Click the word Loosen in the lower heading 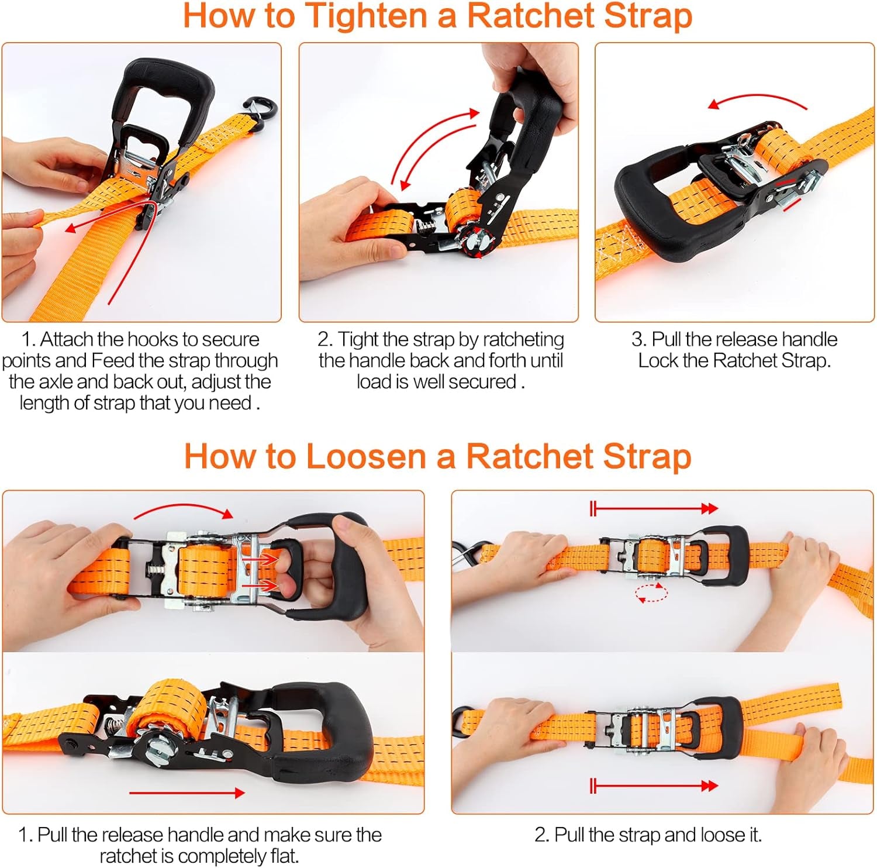click(362, 456)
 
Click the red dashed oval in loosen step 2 click(651, 593)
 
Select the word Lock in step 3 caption click(658, 360)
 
